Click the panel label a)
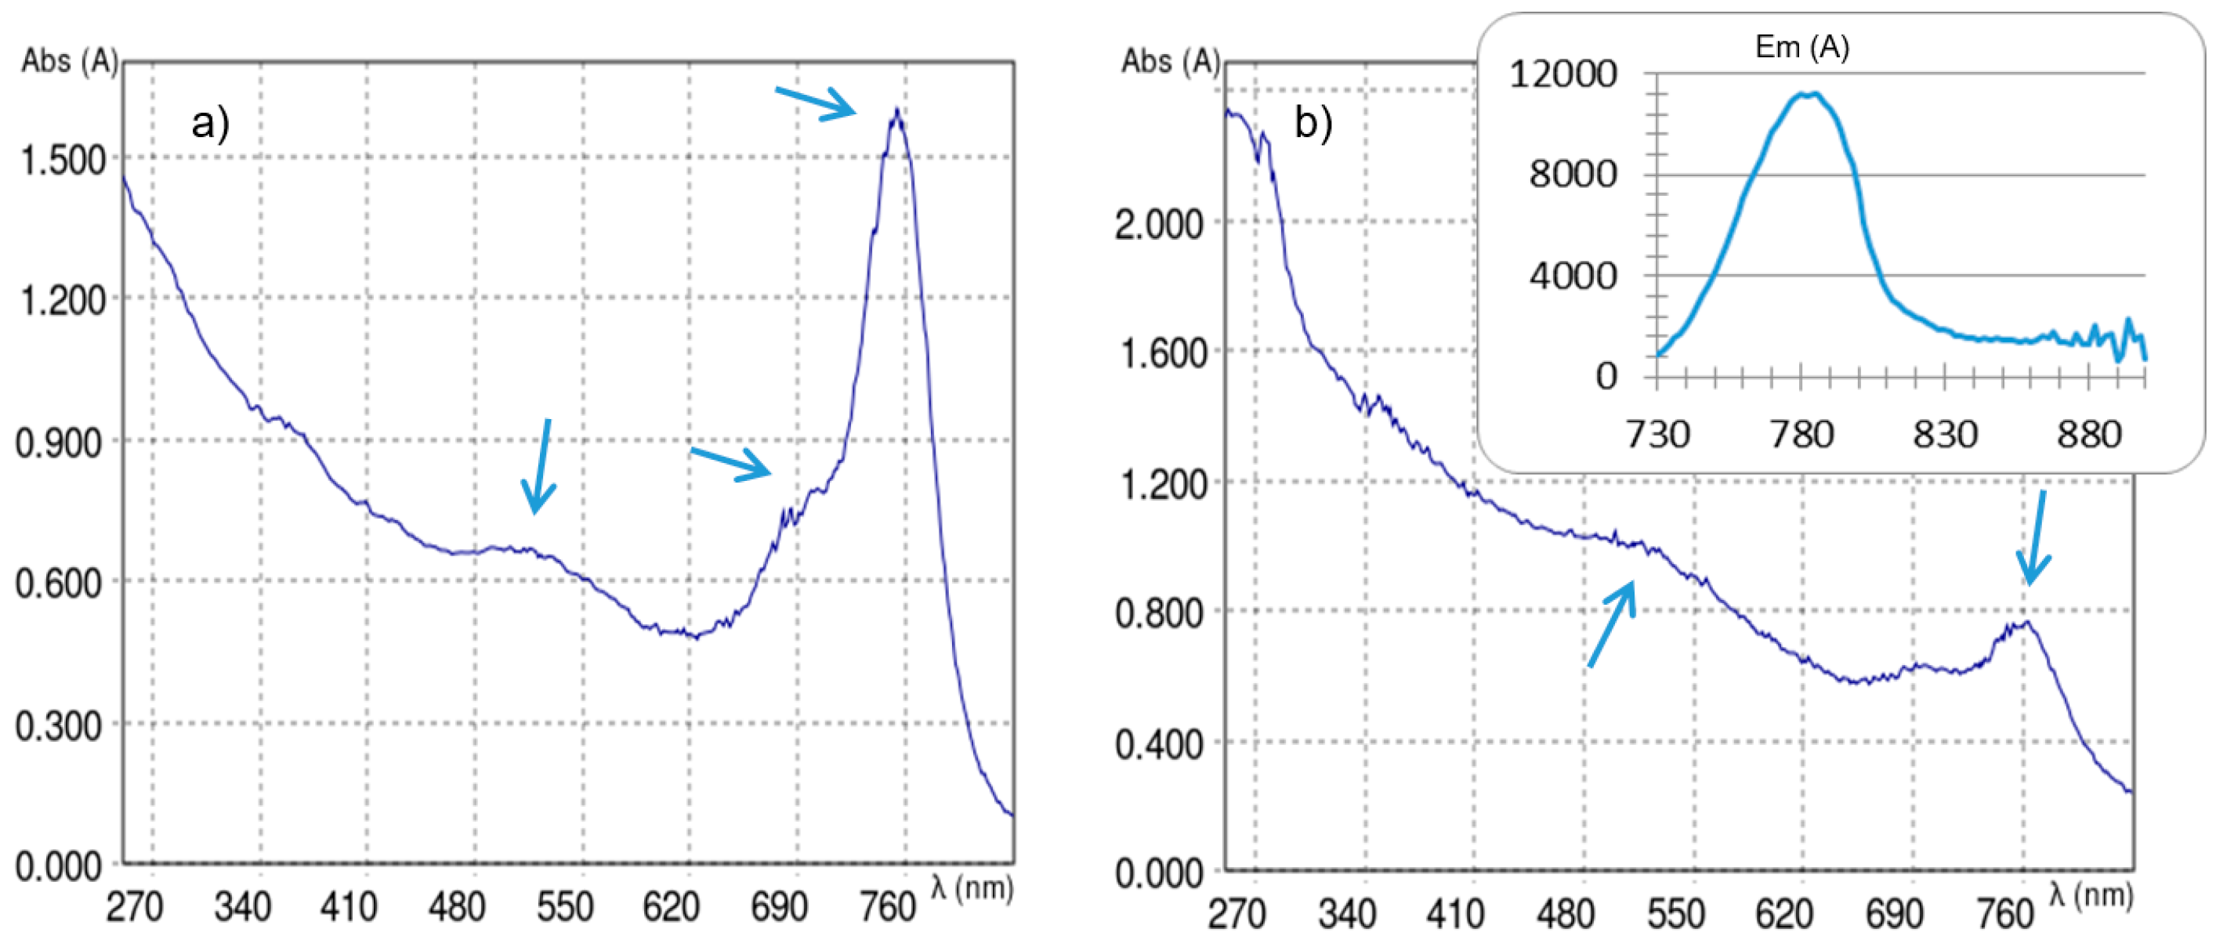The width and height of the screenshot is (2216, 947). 210,123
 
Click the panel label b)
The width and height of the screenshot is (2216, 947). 1313,123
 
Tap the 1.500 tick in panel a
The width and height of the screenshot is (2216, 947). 62,160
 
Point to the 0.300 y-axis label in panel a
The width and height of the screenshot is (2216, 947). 60,726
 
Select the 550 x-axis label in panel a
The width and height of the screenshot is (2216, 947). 564,906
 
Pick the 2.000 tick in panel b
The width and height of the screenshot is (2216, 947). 1158,225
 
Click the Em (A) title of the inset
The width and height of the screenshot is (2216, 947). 1801,46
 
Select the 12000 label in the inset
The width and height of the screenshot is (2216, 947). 1563,74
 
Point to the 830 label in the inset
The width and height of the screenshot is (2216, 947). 1944,435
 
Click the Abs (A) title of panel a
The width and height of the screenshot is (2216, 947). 69,61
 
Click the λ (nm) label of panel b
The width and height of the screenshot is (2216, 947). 2091,895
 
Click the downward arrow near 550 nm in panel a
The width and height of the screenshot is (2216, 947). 540,466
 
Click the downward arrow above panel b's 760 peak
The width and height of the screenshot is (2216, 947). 2034,537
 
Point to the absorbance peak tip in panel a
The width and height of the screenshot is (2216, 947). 897,111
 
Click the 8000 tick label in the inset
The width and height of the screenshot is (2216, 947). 1573,175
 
